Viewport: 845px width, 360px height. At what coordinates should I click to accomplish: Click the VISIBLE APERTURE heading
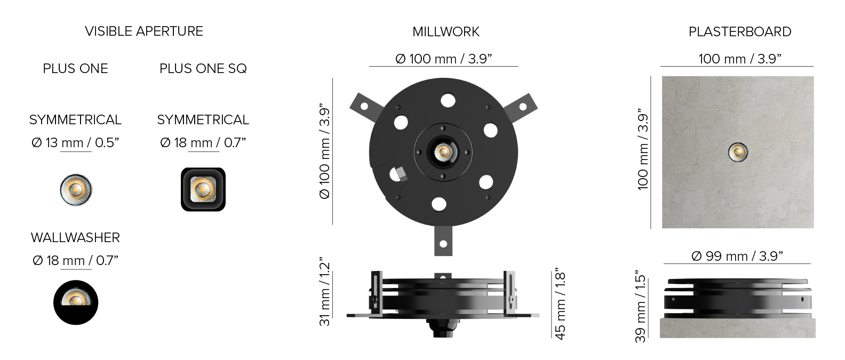point(144,31)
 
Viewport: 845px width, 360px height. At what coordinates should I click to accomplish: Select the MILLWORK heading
point(446,32)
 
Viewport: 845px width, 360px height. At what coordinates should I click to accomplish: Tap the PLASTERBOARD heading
point(740,32)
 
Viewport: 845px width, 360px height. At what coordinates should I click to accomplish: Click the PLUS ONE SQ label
point(203,69)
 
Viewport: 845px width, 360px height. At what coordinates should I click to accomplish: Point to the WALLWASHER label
point(75,238)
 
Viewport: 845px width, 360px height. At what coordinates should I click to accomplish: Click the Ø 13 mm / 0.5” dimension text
point(75,143)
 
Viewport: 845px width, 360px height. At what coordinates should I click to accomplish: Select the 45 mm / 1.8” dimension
point(560,304)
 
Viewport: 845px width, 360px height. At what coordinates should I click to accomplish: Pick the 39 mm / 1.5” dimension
point(640,307)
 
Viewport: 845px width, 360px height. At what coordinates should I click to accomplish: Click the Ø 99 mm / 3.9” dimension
point(737,257)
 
